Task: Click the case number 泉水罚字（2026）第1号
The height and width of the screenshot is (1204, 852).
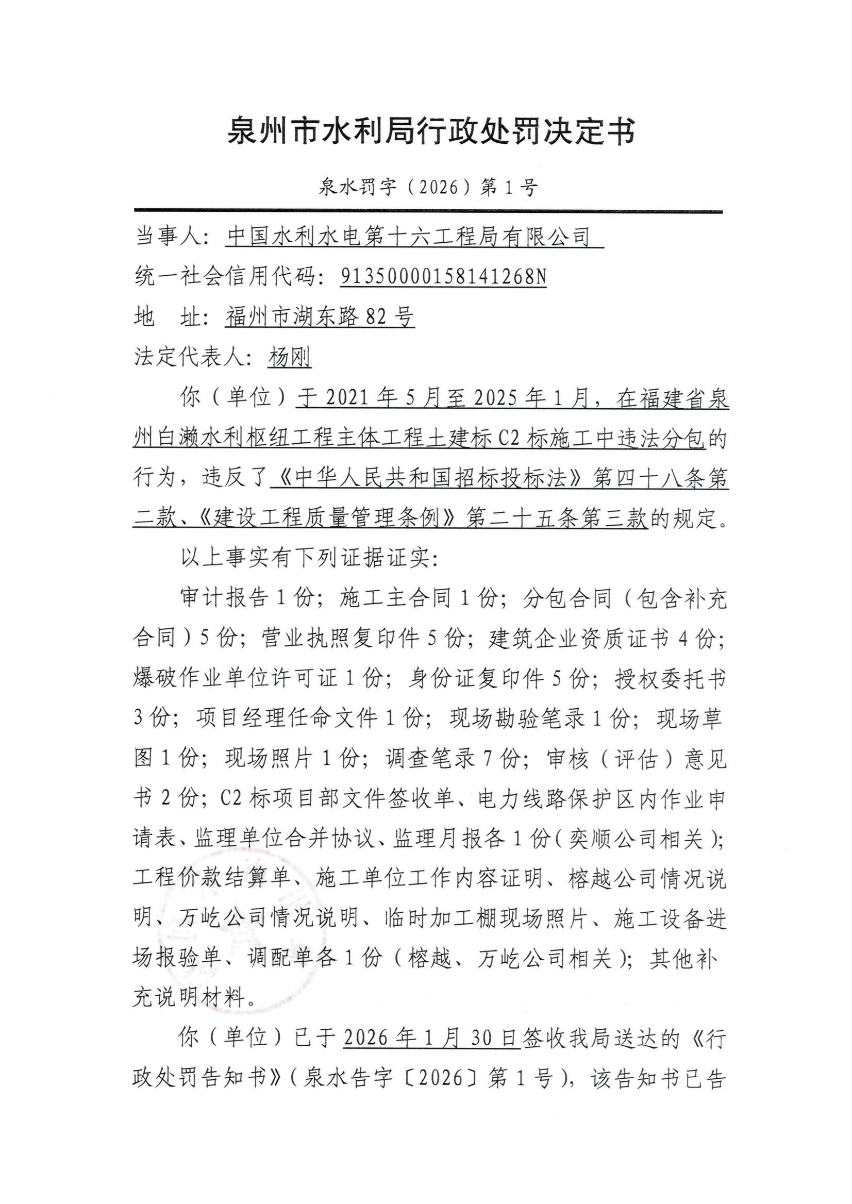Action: (428, 187)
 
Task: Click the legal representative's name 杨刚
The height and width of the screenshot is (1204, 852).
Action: (290, 358)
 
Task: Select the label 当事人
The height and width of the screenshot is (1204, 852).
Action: (171, 237)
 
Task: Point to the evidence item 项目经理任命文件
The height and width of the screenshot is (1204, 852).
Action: (287, 720)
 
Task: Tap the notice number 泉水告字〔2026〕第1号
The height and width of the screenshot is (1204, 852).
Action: (428, 1079)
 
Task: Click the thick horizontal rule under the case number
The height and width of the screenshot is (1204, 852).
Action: (428, 211)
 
